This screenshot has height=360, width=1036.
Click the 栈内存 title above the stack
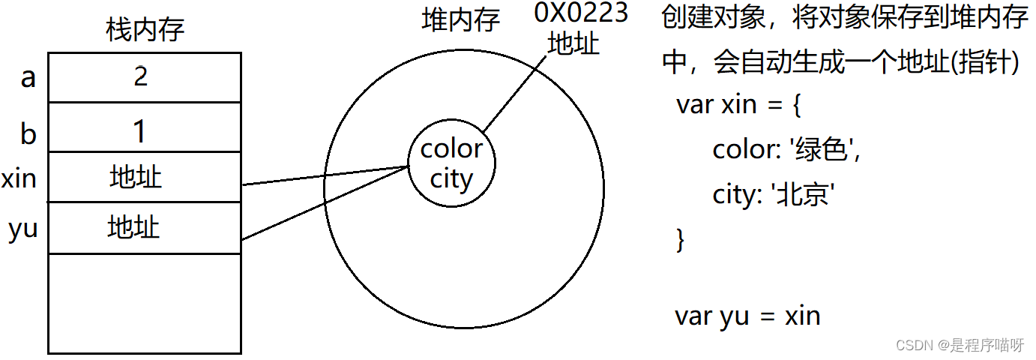tap(145, 31)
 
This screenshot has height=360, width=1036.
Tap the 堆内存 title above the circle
tap(461, 20)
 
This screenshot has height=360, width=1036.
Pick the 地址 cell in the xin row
tap(135, 178)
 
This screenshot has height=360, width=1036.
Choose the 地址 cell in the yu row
tap(133, 226)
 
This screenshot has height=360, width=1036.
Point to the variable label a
tap(28, 77)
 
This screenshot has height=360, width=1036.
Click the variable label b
tap(28, 133)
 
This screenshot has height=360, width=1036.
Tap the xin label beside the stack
tap(19, 180)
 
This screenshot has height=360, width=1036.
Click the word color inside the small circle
tap(451, 148)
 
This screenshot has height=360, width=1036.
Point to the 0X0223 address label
tap(580, 13)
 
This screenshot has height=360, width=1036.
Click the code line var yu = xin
tap(747, 316)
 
